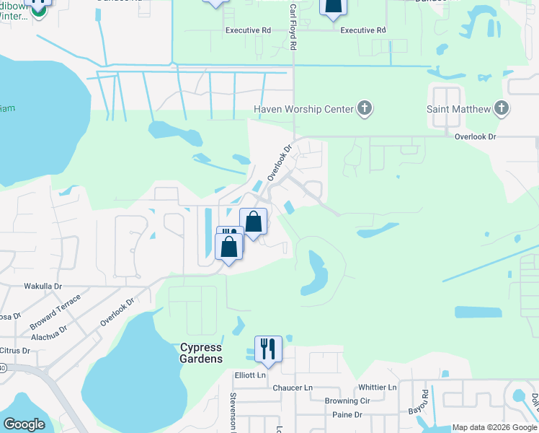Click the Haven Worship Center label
point(303,109)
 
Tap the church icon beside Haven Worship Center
point(365,109)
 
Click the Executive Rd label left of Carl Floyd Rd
point(248,30)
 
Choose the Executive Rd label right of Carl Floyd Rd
point(363,30)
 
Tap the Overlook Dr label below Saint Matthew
point(476,136)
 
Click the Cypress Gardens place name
point(200,353)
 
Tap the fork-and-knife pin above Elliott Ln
point(267,349)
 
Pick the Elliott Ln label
point(250,375)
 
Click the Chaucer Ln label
point(293,388)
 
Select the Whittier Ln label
point(374,388)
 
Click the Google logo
point(24,424)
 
